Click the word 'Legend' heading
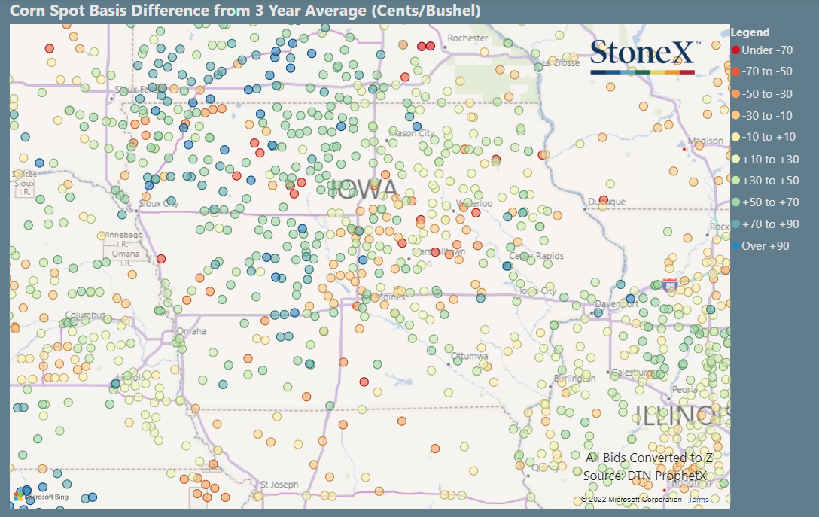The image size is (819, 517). (x=750, y=32)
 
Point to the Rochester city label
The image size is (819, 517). (x=467, y=38)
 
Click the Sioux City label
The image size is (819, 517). (x=159, y=203)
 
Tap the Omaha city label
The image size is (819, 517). (x=190, y=331)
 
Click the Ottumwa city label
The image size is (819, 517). (x=472, y=356)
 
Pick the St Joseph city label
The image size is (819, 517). (x=279, y=485)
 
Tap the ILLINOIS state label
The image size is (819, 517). (x=681, y=415)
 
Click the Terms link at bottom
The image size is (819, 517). (x=698, y=500)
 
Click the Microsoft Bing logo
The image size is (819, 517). (x=41, y=497)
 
